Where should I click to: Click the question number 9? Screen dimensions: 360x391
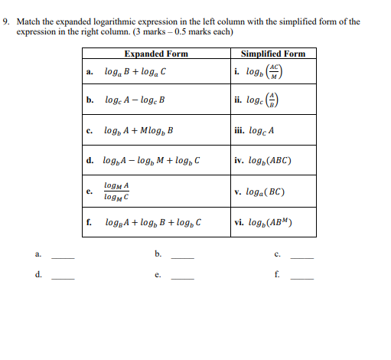6,21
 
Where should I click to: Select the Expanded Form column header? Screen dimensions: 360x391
155,54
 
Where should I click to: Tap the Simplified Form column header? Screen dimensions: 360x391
272,54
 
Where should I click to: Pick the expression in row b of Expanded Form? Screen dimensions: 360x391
136,100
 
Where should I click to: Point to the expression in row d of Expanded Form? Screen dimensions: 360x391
151,161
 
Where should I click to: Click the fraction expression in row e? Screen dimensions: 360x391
116,191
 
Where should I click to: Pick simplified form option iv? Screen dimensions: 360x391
264,161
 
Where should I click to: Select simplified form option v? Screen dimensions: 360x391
262,191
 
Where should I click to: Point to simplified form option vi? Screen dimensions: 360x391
265,224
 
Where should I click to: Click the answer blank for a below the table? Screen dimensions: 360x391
63,257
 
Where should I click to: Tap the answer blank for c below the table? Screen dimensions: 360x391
301,257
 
